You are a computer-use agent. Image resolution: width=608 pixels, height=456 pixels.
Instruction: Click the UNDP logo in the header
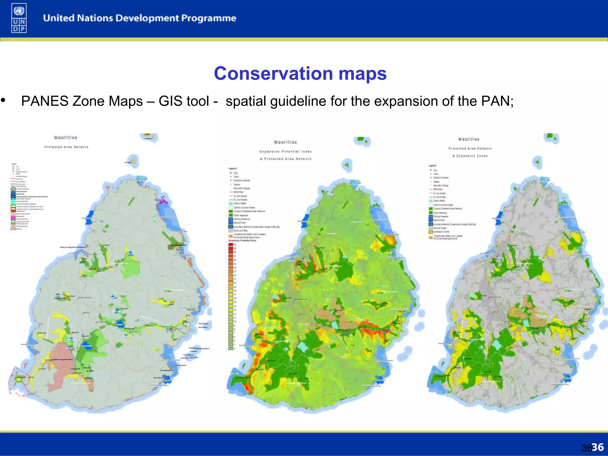pyautogui.click(x=19, y=18)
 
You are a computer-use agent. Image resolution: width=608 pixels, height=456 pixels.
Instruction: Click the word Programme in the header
pyautogui.click(x=208, y=18)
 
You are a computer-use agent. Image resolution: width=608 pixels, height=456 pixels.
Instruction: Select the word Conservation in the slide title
pyautogui.click(x=273, y=73)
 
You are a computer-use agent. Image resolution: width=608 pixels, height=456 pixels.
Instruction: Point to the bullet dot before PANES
pyautogui.click(x=3, y=100)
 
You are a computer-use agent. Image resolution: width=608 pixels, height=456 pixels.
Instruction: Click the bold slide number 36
pyautogui.click(x=597, y=447)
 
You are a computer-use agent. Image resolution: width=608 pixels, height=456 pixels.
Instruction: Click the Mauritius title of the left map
pyautogui.click(x=66, y=137)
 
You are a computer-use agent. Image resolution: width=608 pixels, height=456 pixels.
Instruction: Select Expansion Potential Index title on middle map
pyautogui.click(x=286, y=151)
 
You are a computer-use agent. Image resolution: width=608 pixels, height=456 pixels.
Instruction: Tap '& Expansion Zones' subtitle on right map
pyautogui.click(x=470, y=156)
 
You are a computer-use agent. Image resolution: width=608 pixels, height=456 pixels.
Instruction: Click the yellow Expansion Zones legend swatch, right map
pyautogui.click(x=430, y=232)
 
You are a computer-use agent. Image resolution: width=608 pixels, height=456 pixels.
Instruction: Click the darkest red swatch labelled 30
pyautogui.click(x=231, y=245)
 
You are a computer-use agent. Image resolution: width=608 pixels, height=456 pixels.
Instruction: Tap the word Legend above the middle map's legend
pyautogui.click(x=232, y=169)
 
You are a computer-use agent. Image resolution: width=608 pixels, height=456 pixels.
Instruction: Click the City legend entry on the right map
pyautogui.click(x=435, y=170)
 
